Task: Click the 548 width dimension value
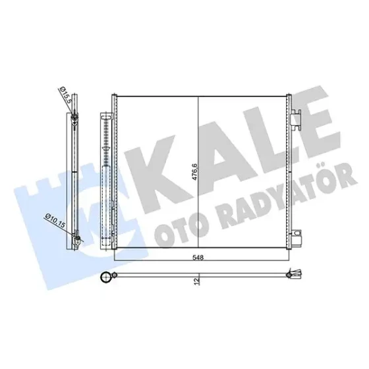pos(198,258)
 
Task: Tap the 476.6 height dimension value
pos(195,172)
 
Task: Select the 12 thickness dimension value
pos(197,281)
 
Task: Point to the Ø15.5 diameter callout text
pos(65,95)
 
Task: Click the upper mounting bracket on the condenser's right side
pos(296,119)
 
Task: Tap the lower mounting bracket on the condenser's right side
pos(297,237)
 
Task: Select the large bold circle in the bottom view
pos(106,277)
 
